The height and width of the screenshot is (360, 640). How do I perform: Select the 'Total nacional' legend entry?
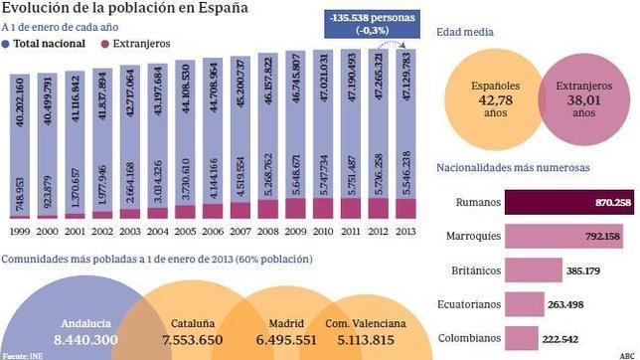click(48, 45)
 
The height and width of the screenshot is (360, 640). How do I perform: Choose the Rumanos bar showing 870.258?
click(569, 202)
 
